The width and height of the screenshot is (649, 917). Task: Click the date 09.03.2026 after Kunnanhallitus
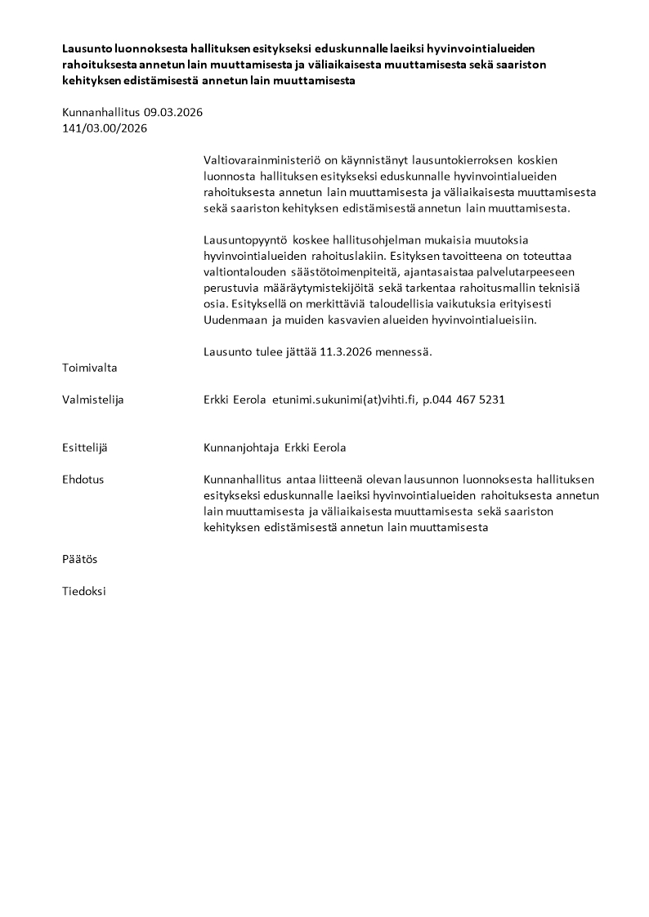coord(172,112)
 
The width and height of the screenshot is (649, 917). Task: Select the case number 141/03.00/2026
coord(105,127)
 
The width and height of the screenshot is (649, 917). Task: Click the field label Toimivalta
coord(90,368)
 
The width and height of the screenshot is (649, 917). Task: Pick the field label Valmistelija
coord(93,400)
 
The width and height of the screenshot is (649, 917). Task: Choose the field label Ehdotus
coord(83,480)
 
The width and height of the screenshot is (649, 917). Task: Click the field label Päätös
coord(79,559)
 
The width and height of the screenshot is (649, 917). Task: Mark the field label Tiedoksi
coord(84,591)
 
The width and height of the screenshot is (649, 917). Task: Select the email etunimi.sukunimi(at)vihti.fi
coord(343,400)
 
